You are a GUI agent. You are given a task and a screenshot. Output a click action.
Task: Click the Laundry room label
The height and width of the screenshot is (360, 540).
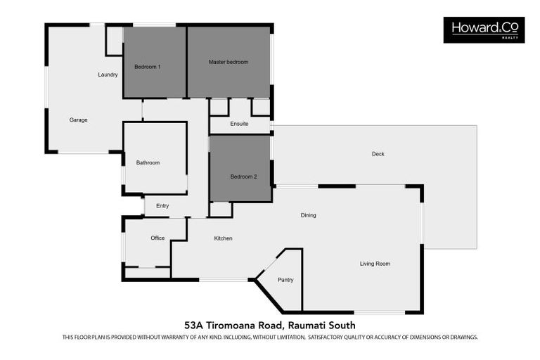(108, 75)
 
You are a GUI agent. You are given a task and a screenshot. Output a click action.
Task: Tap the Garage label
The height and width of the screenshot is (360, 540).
(78, 120)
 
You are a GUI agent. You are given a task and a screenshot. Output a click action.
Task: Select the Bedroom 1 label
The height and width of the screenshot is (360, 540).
(148, 67)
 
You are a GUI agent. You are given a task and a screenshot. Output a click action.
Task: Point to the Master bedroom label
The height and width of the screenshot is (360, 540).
(229, 62)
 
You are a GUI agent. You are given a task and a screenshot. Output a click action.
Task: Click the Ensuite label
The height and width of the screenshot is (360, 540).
(239, 124)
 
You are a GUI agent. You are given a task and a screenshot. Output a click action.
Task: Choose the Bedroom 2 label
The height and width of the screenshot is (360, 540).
(243, 176)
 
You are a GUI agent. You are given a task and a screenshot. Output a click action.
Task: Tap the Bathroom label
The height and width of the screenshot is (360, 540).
(148, 162)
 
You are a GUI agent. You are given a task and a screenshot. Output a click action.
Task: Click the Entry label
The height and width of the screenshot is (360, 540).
(162, 206)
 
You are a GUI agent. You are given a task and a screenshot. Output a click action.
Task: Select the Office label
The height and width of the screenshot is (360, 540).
(157, 238)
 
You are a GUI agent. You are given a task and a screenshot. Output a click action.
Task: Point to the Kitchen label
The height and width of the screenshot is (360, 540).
(223, 238)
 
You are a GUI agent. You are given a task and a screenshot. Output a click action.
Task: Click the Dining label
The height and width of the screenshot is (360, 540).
(308, 215)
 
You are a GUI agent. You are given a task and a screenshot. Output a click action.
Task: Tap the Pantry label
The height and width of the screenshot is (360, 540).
(285, 280)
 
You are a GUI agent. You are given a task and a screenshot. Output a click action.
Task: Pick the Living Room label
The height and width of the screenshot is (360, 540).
(375, 264)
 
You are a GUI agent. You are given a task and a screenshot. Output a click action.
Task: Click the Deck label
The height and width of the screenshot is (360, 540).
(378, 154)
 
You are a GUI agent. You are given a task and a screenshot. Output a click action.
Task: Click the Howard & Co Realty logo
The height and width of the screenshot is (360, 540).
(484, 30)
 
